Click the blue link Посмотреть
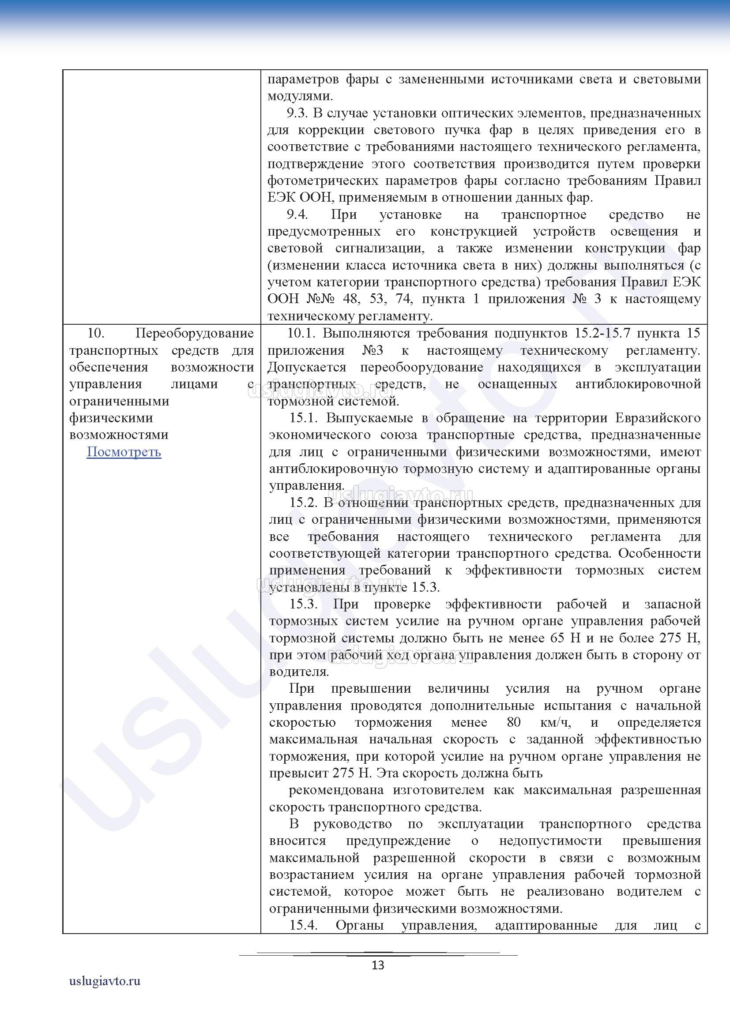click(124, 452)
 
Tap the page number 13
click(378, 965)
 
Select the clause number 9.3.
click(297, 113)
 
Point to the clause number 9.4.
click(297, 214)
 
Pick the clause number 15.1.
click(303, 418)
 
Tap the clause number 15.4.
click(303, 925)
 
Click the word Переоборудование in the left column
click(195, 333)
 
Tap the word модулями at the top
click(299, 96)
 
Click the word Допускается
click(307, 367)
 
